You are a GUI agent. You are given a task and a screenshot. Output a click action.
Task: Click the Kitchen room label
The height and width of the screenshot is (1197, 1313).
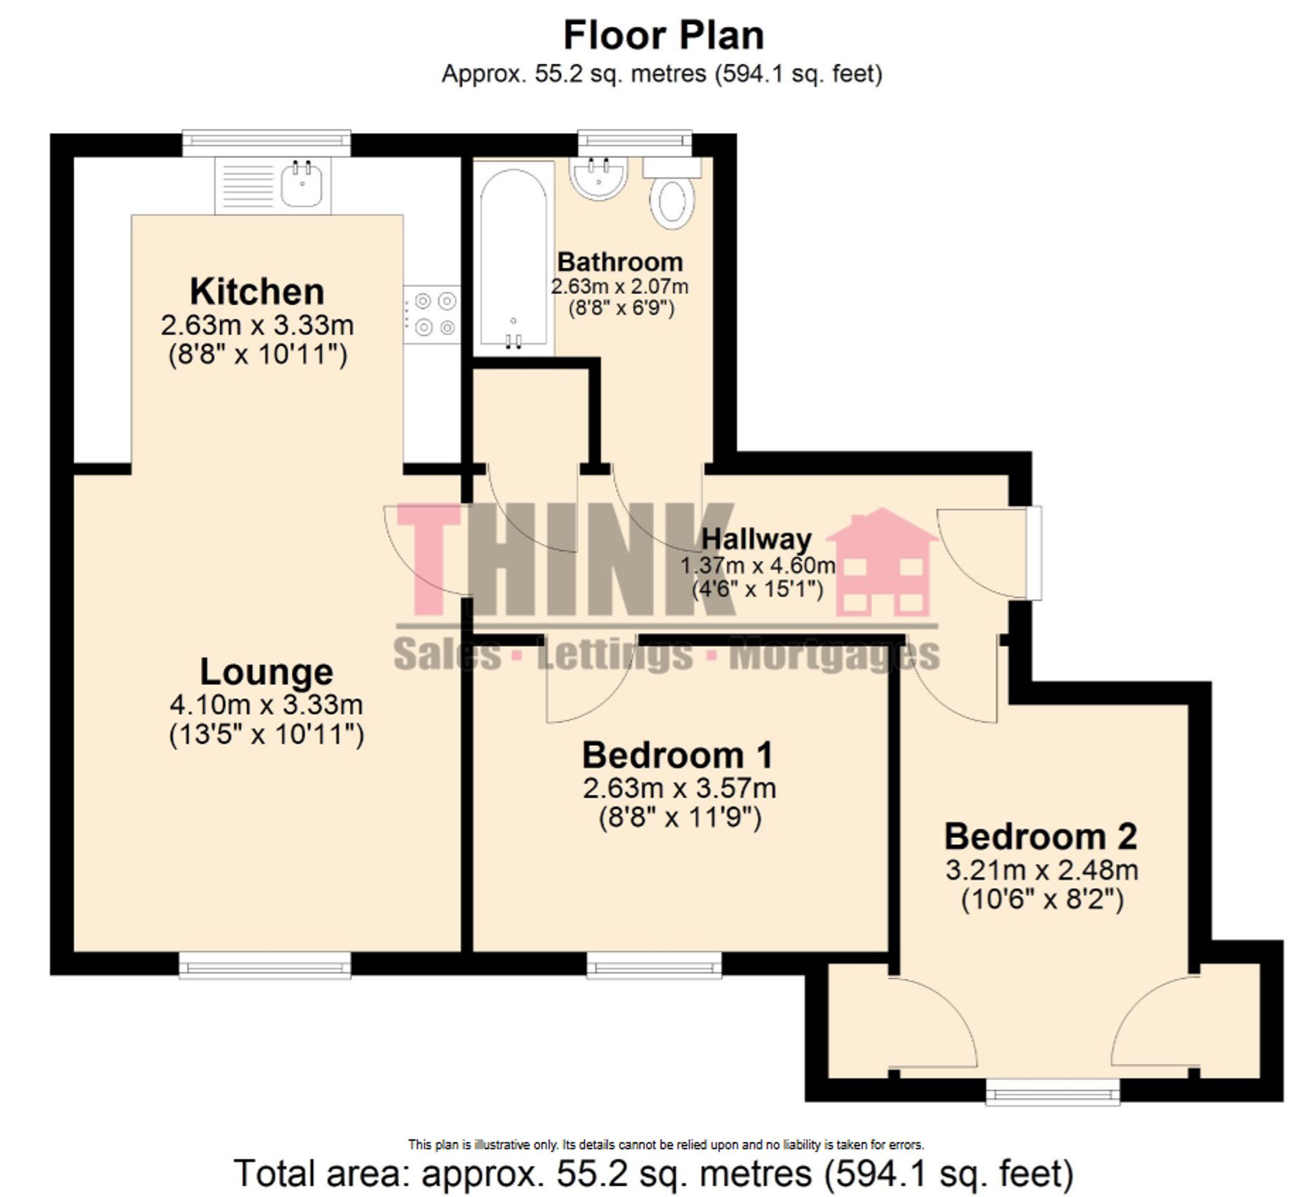[x=257, y=292]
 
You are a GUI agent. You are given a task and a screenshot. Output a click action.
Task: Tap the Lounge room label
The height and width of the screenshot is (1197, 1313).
[x=267, y=672]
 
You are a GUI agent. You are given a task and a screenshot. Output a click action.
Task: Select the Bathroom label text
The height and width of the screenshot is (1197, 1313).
[x=620, y=262]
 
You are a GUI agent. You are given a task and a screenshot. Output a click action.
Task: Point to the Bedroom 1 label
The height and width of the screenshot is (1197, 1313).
[x=677, y=755]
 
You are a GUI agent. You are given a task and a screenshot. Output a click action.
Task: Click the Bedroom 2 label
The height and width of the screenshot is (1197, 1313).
[x=1041, y=837]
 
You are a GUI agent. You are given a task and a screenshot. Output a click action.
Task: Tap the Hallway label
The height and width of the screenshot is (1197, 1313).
[x=756, y=539]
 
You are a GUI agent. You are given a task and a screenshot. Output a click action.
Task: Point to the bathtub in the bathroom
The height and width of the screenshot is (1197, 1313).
[x=513, y=256]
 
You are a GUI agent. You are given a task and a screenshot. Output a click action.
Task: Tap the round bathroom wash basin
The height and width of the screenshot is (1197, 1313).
[x=598, y=175]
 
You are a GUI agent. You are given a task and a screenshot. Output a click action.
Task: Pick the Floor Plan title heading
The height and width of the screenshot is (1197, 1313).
[x=664, y=35]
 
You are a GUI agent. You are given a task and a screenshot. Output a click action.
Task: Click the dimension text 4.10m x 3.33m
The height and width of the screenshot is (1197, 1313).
[x=267, y=705]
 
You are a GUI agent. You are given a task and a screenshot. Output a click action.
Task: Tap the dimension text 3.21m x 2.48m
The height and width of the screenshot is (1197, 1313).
[x=1041, y=871]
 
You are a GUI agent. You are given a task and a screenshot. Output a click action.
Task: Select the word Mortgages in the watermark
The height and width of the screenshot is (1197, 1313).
[x=834, y=655]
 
